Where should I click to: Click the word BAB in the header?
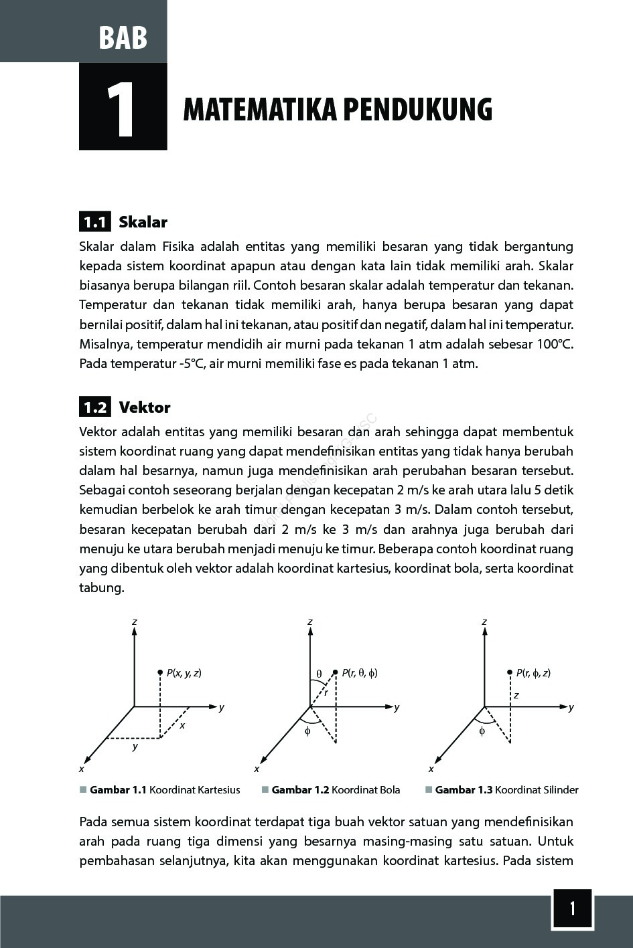click(x=123, y=37)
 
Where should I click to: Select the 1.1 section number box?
click(x=94, y=221)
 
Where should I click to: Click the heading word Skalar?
click(x=143, y=222)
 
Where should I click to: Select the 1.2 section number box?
click(x=94, y=407)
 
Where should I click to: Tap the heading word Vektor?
click(x=144, y=407)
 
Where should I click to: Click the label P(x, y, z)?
click(x=184, y=673)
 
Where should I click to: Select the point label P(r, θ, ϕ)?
click(x=360, y=673)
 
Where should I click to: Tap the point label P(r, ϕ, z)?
click(x=534, y=673)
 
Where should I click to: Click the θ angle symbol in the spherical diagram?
click(x=319, y=674)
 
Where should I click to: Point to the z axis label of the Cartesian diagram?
click(x=135, y=622)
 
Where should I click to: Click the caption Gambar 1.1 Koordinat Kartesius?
click(x=164, y=790)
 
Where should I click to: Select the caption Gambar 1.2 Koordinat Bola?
click(x=336, y=790)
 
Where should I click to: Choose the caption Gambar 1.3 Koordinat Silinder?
click(x=506, y=790)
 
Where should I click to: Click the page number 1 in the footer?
click(x=572, y=909)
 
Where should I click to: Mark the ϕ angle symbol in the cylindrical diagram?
click(x=482, y=731)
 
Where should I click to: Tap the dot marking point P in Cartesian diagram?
click(x=160, y=672)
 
